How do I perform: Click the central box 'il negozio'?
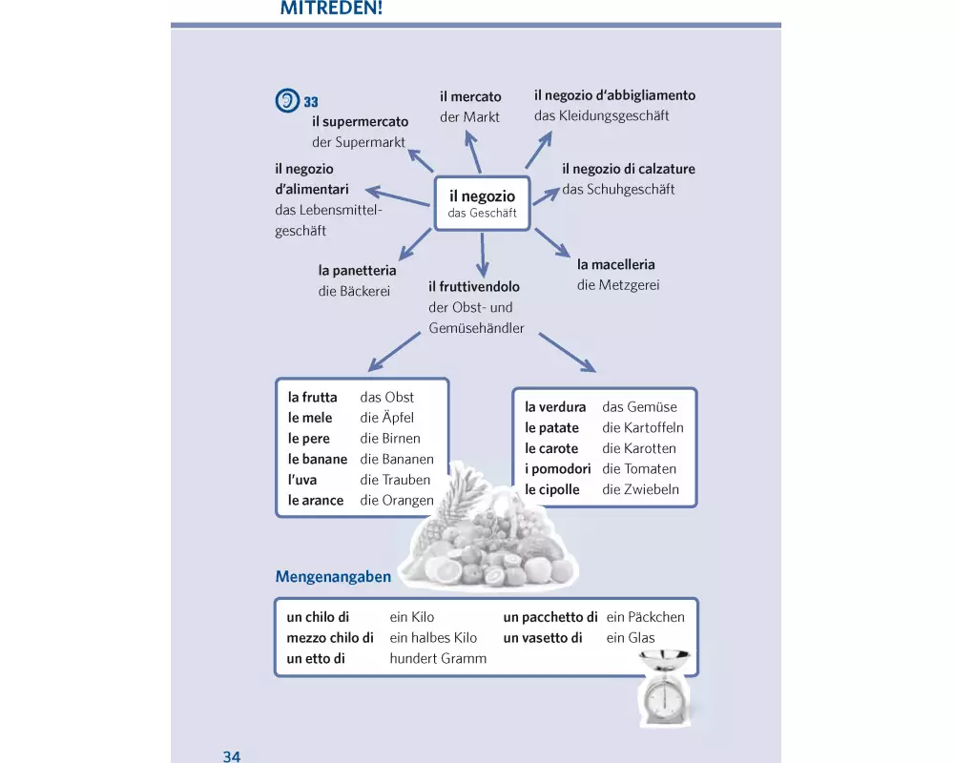[x=482, y=203]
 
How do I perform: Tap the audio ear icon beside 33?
[x=286, y=101]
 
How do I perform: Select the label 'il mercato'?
[x=470, y=96]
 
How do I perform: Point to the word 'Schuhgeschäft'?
[x=618, y=189]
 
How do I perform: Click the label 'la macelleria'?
[x=616, y=264]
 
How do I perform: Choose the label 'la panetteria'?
[x=357, y=271]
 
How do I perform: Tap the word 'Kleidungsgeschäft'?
[x=601, y=115]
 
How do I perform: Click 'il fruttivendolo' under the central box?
[x=474, y=286]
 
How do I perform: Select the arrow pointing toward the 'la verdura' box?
[x=567, y=352]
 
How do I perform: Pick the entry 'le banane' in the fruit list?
[x=318, y=459]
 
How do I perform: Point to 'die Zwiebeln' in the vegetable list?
[x=641, y=489]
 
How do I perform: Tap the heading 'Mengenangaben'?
[x=333, y=577]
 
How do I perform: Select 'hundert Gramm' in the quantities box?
[x=438, y=658]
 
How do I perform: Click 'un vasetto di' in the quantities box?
[x=543, y=638]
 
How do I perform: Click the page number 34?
[x=232, y=756]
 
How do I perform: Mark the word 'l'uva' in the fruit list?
[x=302, y=480]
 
